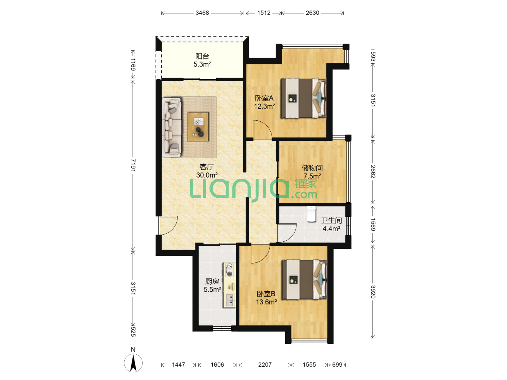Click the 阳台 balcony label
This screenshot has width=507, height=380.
(x=202, y=56)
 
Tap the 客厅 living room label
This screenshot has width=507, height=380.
(x=206, y=166)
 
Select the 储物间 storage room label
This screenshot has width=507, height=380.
(x=312, y=168)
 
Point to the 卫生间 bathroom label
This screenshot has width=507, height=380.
(x=331, y=220)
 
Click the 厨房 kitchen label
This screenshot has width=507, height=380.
(x=212, y=281)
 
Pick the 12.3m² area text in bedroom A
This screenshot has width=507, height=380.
(x=264, y=106)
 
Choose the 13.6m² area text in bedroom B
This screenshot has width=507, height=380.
(x=266, y=302)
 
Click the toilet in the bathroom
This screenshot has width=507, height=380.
(x=311, y=214)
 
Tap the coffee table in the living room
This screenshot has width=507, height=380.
(x=198, y=127)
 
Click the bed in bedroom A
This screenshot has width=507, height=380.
(x=303, y=98)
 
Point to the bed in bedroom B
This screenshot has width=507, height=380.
(x=305, y=280)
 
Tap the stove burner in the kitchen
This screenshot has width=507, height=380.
(x=229, y=274)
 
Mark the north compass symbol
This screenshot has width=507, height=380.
(x=133, y=363)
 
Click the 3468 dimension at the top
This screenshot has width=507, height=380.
(x=202, y=13)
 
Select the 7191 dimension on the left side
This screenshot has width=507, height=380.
(x=133, y=165)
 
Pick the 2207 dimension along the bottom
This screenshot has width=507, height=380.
(x=265, y=365)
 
